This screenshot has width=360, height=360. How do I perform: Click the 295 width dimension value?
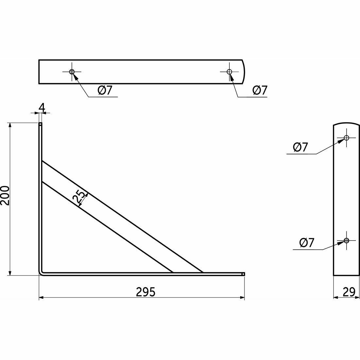point(146,292)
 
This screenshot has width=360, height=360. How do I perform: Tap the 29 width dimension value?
point(350,292)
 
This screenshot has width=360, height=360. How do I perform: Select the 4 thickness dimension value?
point(41,107)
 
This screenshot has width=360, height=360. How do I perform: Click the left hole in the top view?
point(72,72)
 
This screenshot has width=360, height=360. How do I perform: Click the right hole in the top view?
point(229,72)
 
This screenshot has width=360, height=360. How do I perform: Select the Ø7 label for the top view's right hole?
point(260,90)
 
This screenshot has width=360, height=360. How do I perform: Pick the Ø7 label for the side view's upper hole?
point(300,147)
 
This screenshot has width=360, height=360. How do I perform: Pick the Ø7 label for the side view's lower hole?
point(307,243)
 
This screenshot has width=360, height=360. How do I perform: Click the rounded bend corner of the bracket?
point(41,272)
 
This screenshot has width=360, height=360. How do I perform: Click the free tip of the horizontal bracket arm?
point(243,274)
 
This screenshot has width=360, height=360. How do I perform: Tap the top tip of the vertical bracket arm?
point(40,124)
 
